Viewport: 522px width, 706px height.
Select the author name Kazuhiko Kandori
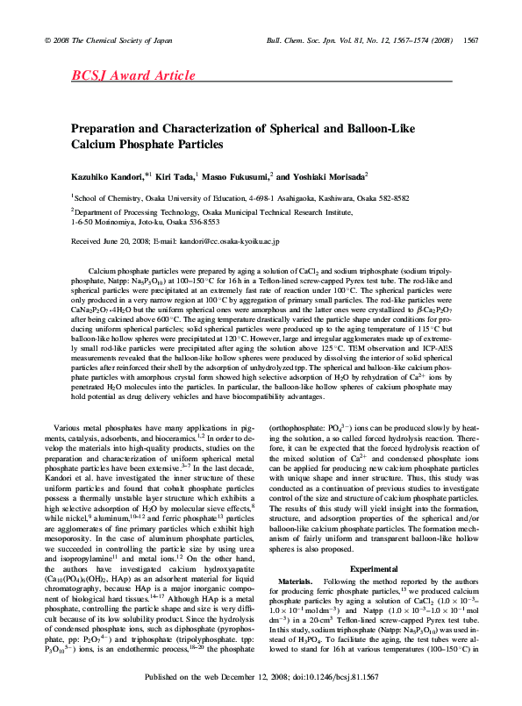109,176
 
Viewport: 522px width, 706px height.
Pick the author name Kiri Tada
179,176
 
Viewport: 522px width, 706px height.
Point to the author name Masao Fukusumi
241,176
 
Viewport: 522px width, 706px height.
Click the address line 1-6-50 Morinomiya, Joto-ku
145,222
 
